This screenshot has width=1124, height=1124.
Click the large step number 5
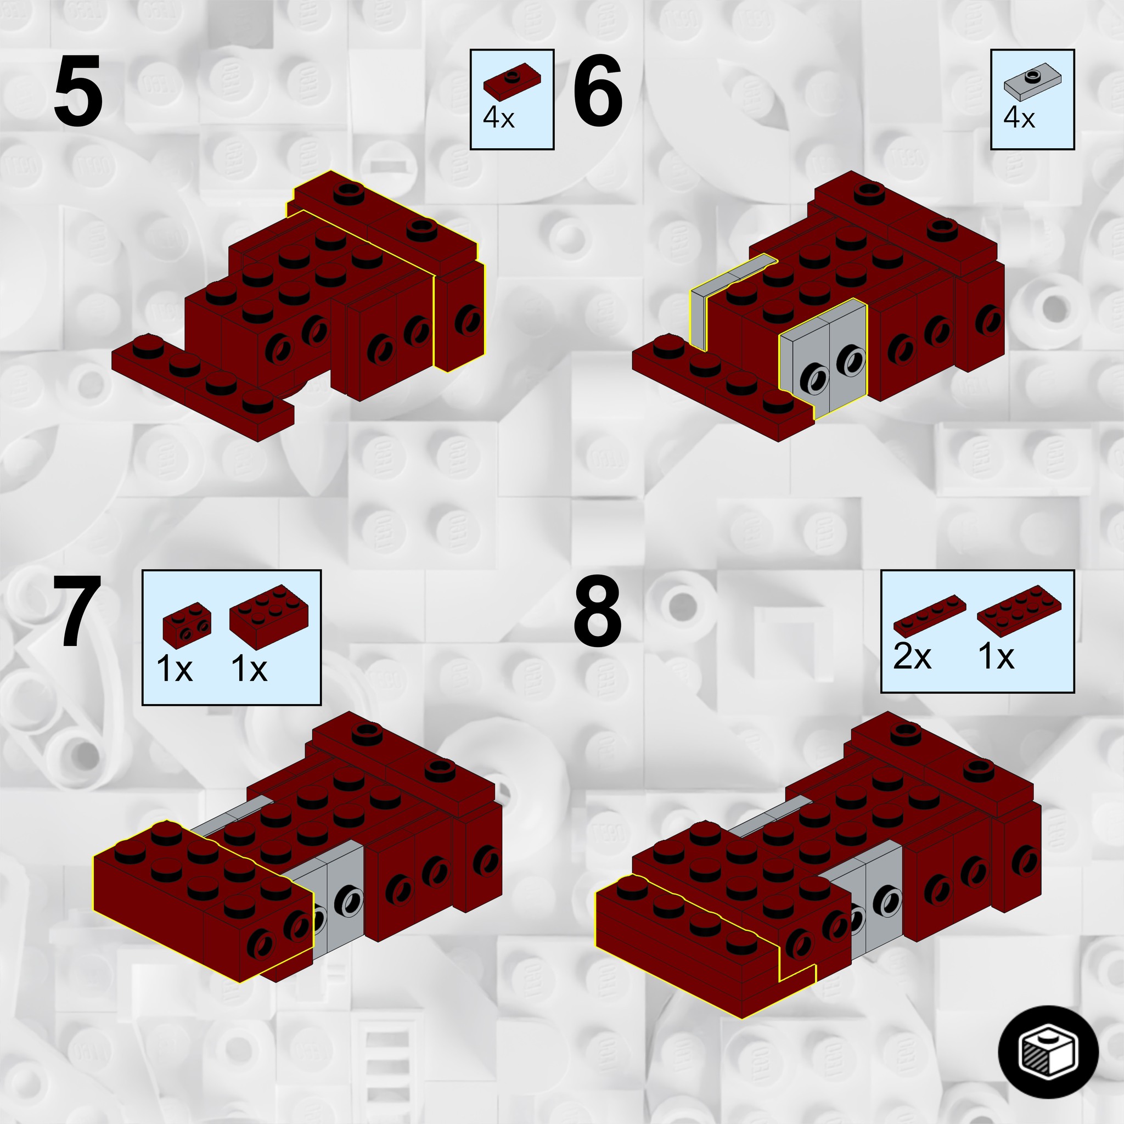coord(78,91)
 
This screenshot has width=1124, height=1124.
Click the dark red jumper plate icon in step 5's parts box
coord(513,80)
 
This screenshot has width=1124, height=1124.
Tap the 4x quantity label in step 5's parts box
coord(498,118)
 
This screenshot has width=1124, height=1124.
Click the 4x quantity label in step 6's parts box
coord(1019,118)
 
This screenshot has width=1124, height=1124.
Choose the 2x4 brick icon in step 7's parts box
coord(269,617)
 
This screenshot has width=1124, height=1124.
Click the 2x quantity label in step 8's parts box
coord(912,657)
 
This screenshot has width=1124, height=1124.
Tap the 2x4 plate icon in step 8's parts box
coord(1019,609)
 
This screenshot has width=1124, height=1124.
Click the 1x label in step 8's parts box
coord(997,657)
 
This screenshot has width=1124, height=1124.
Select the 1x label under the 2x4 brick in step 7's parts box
coord(249,668)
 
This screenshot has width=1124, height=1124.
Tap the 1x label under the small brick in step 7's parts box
coord(175,668)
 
